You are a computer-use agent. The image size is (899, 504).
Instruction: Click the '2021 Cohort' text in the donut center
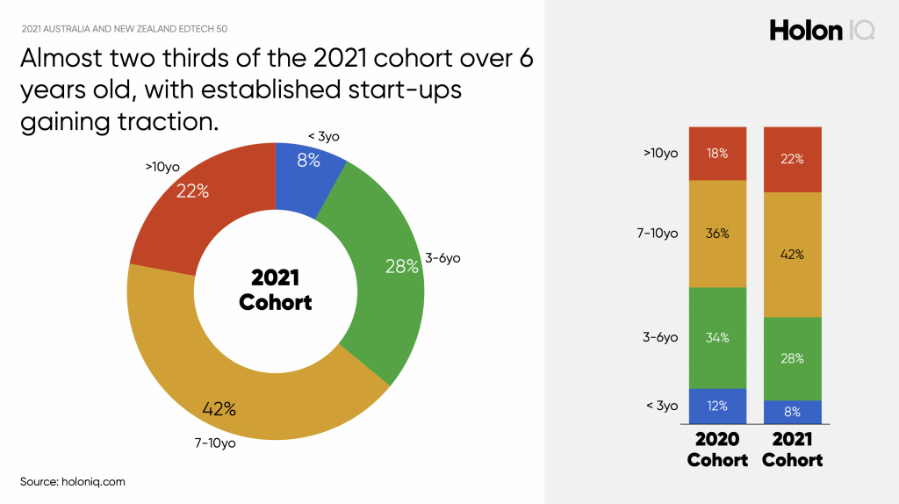point(276,290)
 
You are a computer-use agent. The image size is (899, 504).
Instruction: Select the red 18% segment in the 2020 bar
point(718,154)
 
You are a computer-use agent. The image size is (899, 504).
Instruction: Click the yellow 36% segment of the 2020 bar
point(718,234)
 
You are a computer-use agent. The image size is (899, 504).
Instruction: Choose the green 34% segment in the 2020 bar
point(718,337)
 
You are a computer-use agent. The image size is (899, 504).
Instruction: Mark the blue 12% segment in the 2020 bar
point(718,406)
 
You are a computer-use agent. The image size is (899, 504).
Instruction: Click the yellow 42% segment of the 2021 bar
point(794,255)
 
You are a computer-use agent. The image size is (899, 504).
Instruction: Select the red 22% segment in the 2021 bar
point(794,159)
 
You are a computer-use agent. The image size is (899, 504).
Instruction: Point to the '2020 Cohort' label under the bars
point(717,449)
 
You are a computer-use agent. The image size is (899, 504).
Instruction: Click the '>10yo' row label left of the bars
point(660,153)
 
